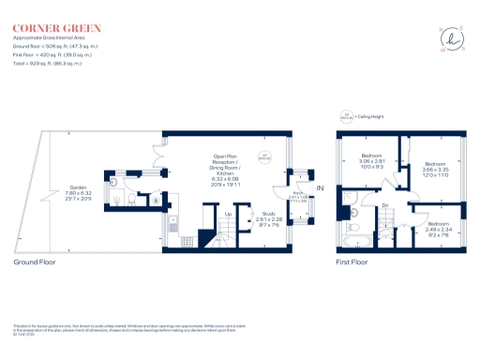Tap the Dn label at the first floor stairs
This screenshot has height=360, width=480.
384,205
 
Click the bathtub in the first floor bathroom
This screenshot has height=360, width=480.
354,226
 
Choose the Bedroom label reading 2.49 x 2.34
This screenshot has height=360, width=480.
439,228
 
